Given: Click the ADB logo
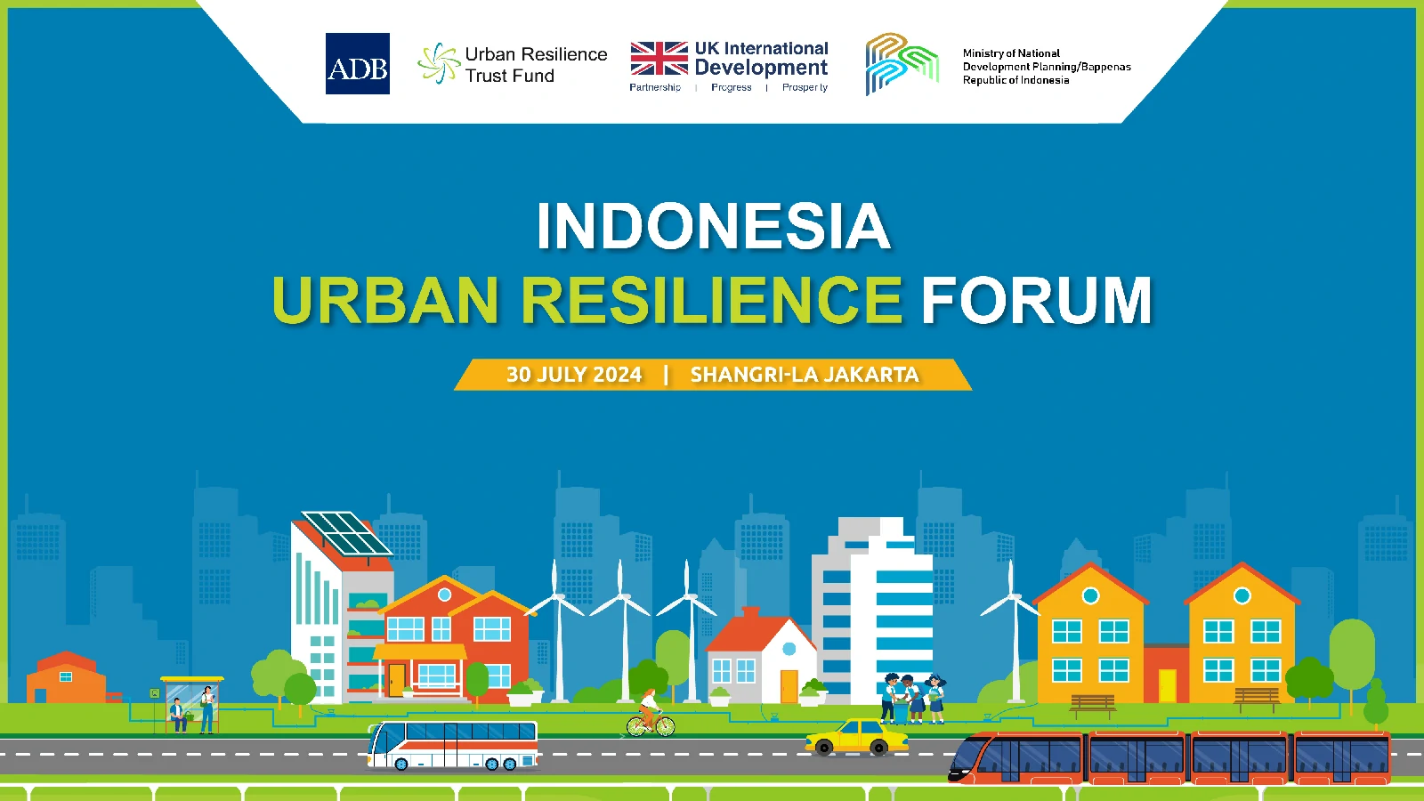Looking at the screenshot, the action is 357,63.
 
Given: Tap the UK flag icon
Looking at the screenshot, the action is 659,59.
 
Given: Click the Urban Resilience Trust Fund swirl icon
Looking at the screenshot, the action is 439,63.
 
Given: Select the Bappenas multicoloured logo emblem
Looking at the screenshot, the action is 902,64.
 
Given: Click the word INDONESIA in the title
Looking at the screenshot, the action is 713,226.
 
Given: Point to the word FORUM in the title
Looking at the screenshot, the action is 1036,300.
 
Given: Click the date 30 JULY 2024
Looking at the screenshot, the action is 574,375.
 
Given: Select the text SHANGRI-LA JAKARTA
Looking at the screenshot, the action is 805,375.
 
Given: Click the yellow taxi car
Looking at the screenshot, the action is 856,738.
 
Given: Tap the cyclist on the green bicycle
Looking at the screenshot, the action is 651,713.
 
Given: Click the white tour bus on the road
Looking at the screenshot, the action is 453,745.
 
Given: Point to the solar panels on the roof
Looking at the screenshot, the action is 346,533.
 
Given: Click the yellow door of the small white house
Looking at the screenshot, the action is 789,686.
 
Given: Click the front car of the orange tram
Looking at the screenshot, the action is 1015,757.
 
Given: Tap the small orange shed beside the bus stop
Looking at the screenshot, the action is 66,677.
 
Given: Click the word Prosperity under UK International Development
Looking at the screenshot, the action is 805,87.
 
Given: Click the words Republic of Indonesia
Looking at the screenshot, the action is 1015,80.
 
